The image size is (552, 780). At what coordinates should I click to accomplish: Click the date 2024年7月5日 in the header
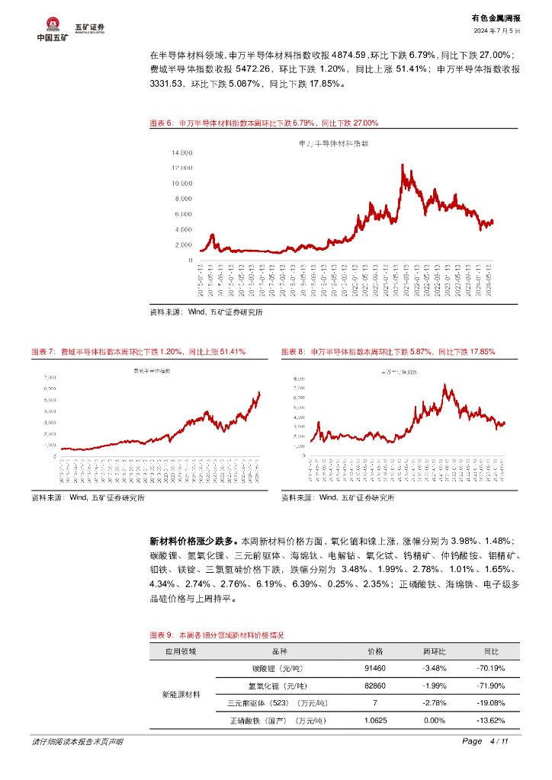[496, 31]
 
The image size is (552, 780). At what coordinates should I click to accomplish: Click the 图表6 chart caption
[263, 123]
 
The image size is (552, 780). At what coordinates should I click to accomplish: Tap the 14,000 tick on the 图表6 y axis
[182, 152]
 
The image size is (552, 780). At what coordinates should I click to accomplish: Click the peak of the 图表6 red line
[402, 165]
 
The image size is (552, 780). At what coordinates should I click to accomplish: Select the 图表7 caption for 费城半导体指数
[138, 352]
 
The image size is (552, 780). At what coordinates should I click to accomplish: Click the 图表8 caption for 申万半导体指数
[388, 352]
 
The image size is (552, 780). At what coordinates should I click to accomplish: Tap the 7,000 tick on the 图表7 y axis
[50, 377]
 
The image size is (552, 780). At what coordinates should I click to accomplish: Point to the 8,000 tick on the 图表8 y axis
[299, 378]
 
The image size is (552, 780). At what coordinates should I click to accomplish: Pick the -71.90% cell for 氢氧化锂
[491, 686]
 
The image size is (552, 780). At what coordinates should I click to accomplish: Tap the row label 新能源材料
[181, 695]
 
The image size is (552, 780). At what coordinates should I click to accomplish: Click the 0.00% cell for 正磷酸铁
[434, 721]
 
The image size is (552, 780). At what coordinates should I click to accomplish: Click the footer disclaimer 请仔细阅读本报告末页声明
[77, 742]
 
